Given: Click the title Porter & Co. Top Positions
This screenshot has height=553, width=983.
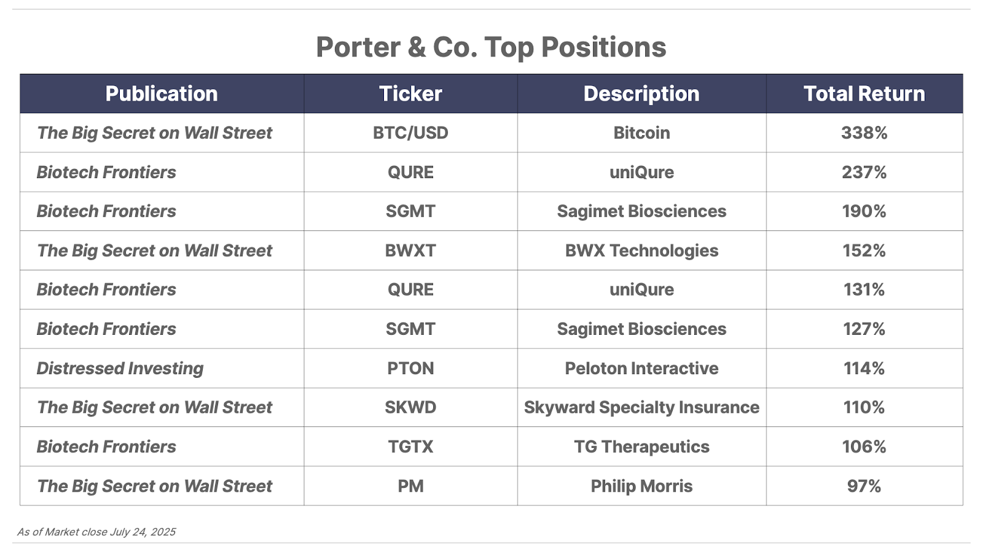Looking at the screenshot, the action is click(x=491, y=47).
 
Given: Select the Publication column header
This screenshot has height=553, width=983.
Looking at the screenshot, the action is click(x=162, y=93).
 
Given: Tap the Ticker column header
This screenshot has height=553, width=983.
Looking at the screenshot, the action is click(x=410, y=93).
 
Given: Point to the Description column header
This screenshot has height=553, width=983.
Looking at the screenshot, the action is click(x=641, y=94).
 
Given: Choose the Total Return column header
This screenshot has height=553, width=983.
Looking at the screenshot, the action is click(x=864, y=93).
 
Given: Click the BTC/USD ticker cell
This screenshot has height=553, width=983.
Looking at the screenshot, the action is click(x=410, y=133).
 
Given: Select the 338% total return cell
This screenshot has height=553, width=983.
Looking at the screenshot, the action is click(x=864, y=133).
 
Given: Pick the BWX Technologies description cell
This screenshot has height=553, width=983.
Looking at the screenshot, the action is click(x=641, y=251).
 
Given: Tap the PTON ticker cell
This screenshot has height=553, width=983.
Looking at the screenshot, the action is click(x=410, y=368).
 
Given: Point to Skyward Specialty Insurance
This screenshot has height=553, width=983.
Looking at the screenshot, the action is click(x=641, y=408).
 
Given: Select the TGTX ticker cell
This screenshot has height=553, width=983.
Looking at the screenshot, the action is click(x=410, y=447).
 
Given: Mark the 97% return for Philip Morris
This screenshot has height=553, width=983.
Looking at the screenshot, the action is click(x=864, y=486).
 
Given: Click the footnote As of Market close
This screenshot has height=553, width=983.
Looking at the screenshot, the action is click(x=96, y=532).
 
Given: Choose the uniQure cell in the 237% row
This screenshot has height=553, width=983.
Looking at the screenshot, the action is click(x=641, y=173).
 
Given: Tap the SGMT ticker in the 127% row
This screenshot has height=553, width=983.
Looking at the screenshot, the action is click(x=410, y=329).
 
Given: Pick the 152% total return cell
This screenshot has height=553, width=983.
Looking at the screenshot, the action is click(x=864, y=251).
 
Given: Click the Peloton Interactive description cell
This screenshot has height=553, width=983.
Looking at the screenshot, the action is click(x=641, y=368).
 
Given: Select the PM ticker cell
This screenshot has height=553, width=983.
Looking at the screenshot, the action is click(x=410, y=486).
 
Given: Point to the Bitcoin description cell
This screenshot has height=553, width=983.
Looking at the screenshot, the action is click(x=641, y=133).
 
